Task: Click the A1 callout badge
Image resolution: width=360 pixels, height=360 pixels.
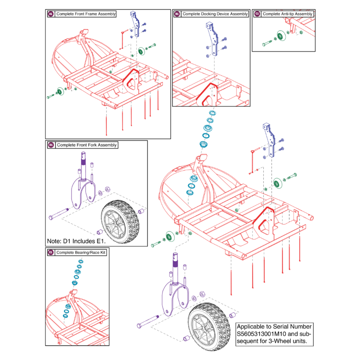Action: [x=51, y=14]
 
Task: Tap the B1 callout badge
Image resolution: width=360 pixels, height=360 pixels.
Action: [x=177, y=14]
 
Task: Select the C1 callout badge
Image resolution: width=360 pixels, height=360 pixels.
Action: [x=257, y=14]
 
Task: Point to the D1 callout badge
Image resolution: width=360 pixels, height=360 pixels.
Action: [x=51, y=145]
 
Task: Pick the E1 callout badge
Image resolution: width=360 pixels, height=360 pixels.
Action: [x=51, y=253]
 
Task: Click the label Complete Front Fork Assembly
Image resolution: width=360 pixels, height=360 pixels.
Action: [x=87, y=145]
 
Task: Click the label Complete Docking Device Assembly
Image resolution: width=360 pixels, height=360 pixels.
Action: [x=215, y=14]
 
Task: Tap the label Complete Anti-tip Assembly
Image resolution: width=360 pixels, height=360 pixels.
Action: [x=287, y=14]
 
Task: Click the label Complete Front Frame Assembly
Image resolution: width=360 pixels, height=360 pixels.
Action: [x=86, y=14]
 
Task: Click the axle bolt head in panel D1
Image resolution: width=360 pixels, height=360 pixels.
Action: [x=51, y=217]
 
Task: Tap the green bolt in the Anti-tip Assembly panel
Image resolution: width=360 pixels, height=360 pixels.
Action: [x=267, y=44]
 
